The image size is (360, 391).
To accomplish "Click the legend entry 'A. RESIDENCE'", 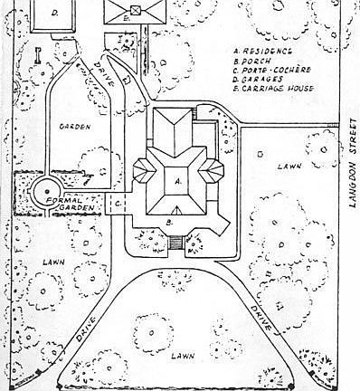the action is click(264, 52).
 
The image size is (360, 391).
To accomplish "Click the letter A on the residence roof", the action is click(177, 181).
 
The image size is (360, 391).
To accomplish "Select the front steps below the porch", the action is click(176, 242).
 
